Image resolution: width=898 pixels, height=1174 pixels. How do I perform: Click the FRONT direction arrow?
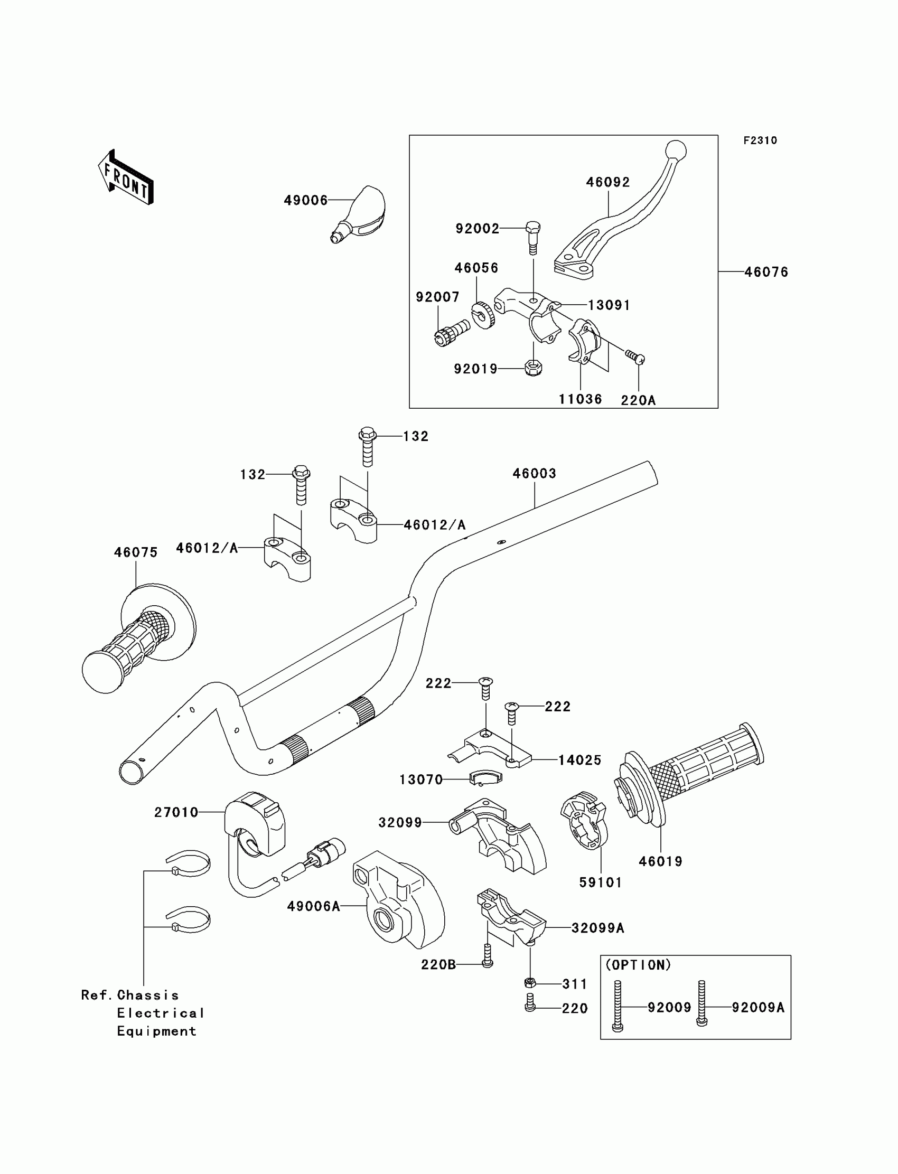[x=126, y=177]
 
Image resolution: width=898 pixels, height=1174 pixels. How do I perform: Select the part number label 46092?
[x=608, y=182]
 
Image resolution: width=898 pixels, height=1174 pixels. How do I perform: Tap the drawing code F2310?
[x=760, y=140]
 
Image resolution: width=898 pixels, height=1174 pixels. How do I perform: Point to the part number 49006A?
[x=313, y=906]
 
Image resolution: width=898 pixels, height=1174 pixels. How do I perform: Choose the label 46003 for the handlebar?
[x=534, y=473]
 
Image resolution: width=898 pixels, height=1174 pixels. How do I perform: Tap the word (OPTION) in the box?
[x=638, y=965]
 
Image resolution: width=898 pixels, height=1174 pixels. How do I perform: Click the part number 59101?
[x=601, y=883]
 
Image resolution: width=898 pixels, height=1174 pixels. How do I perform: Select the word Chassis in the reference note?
[x=147, y=995]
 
